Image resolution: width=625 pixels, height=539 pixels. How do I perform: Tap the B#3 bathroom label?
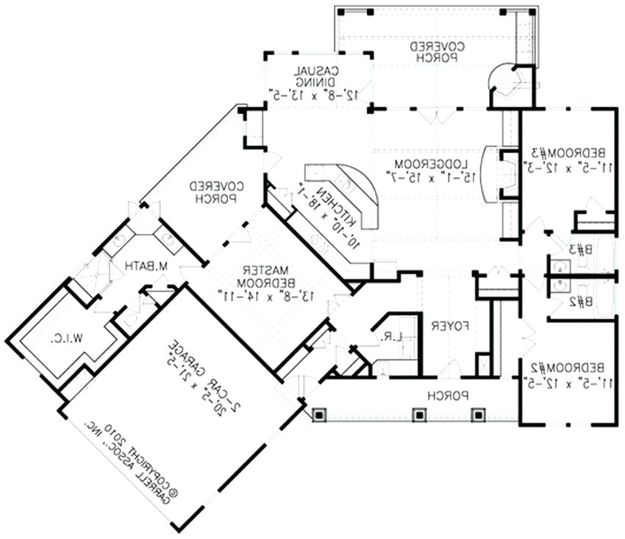tap(581, 249)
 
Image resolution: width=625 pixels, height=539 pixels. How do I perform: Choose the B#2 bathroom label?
tap(581, 301)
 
